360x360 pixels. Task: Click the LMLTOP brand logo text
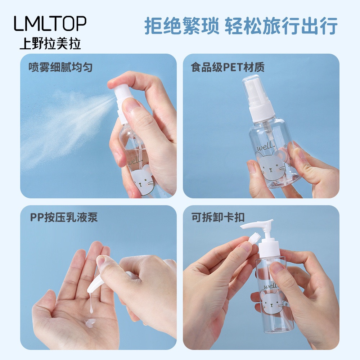50,23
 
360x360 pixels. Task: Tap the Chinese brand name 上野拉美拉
50,44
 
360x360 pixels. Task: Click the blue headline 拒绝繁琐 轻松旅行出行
241,26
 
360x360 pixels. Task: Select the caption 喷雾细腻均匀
60,67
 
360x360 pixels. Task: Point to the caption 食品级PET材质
228,67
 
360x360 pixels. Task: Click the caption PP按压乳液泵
64,217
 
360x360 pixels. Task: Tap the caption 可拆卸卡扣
218,217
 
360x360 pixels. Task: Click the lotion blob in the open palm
90,322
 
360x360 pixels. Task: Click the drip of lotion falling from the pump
91,303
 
